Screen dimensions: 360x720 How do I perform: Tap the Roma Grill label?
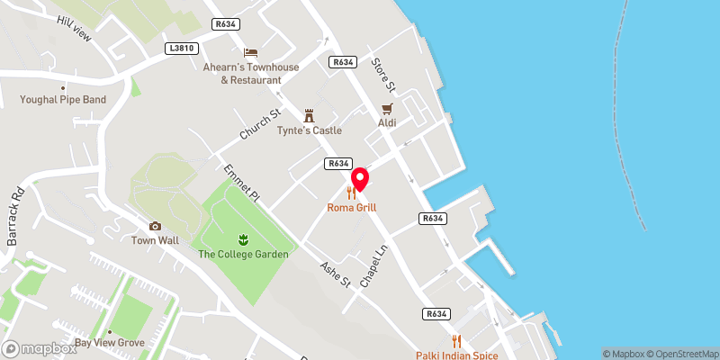pos(353,207)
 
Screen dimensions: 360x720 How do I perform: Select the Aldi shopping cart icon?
pos(387,107)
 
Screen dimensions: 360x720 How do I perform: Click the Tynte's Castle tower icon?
pos(310,115)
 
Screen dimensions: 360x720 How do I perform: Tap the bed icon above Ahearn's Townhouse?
pos(250,53)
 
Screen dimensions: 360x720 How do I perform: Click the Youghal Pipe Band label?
pos(62,100)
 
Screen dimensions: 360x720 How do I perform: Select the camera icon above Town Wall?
pos(155,226)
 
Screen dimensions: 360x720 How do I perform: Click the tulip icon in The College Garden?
pos(243,239)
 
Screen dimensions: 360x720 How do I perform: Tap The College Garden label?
pos(243,255)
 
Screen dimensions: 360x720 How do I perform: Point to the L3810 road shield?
pos(180,48)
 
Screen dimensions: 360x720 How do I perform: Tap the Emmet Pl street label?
pos(242,184)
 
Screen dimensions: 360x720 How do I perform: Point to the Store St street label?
pos(383,74)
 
